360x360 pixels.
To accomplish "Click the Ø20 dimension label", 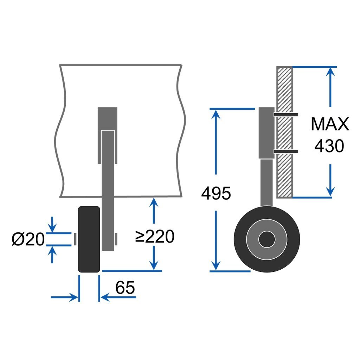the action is pyautogui.click(x=28, y=239).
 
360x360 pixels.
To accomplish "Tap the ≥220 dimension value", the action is pyautogui.click(x=155, y=236).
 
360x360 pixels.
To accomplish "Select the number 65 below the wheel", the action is pyautogui.click(x=125, y=288).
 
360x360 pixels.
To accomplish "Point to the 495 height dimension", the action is pyautogui.click(x=216, y=193).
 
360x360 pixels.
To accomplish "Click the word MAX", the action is pyautogui.click(x=330, y=124).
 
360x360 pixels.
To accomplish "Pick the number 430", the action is pyautogui.click(x=329, y=146).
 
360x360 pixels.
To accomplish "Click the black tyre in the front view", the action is pyautogui.click(x=89, y=239).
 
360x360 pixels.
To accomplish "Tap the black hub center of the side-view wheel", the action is pyautogui.click(x=267, y=239).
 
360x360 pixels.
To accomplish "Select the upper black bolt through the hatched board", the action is pyautogui.click(x=286, y=115).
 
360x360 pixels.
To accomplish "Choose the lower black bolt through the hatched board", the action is pyautogui.click(x=286, y=151).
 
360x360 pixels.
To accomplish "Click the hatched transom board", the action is pyautogui.click(x=284, y=132).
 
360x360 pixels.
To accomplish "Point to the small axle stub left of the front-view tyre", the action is pyautogui.click(x=75, y=239).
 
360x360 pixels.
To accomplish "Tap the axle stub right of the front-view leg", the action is pyautogui.click(x=116, y=239).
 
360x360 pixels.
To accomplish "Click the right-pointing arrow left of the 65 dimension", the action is pyautogui.click(x=64, y=297).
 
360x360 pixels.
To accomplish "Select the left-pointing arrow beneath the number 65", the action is pyautogui.click(x=118, y=297).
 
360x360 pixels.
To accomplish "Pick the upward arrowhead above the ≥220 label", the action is pyautogui.click(x=154, y=203).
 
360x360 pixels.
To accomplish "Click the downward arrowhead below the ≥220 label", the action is pyautogui.click(x=154, y=265).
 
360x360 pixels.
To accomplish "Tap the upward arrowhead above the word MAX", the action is pyautogui.click(x=330, y=72).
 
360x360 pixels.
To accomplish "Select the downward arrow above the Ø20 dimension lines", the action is pyautogui.click(x=52, y=224).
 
